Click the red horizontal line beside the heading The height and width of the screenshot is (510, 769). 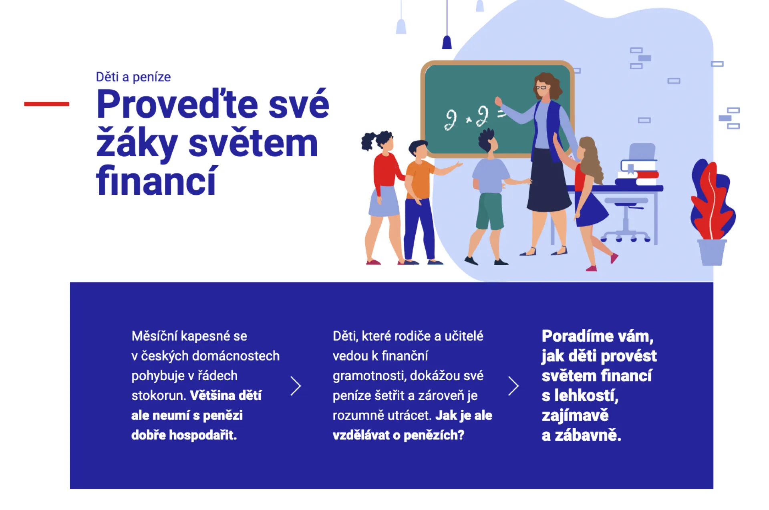(46, 104)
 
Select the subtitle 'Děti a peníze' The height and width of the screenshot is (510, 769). (133, 77)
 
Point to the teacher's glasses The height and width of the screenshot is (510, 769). (541, 87)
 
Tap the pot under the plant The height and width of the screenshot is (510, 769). (712, 252)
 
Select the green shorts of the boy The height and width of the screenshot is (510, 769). (489, 211)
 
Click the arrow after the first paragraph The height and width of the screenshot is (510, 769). (296, 386)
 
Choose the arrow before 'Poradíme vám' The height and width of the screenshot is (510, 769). (513, 386)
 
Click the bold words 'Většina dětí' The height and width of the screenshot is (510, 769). (225, 395)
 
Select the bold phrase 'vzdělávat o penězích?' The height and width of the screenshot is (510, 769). (399, 435)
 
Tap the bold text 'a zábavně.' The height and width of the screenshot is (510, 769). (582, 435)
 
